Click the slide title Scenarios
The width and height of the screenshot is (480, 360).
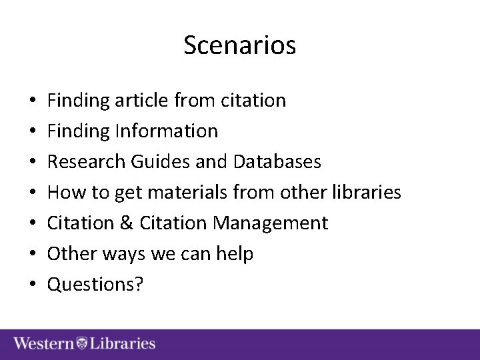pyautogui.click(x=239, y=45)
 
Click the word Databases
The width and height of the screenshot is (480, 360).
pyautogui.click(x=277, y=162)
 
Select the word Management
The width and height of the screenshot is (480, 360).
pyautogui.click(x=270, y=223)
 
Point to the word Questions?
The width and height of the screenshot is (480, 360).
pyautogui.click(x=95, y=285)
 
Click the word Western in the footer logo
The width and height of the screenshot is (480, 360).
pyautogui.click(x=44, y=344)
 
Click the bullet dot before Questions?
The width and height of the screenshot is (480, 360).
pyautogui.click(x=33, y=285)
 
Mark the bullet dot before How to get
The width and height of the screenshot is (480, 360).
pyautogui.click(x=33, y=193)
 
